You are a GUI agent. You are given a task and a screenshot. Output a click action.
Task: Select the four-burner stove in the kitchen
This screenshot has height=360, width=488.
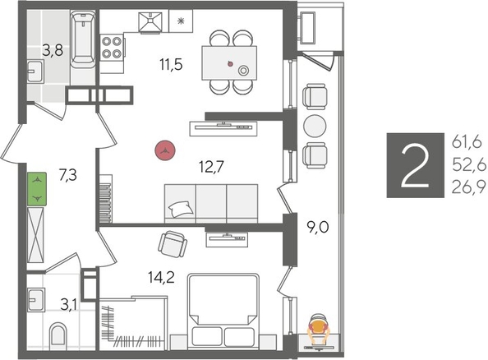(x=113, y=49)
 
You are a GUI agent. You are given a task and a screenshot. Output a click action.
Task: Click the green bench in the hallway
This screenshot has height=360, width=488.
(x=38, y=190)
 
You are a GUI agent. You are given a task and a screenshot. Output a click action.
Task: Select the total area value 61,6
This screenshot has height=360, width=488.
(x=467, y=143)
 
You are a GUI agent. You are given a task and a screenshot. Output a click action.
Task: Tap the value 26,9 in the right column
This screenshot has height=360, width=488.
(x=467, y=190)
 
